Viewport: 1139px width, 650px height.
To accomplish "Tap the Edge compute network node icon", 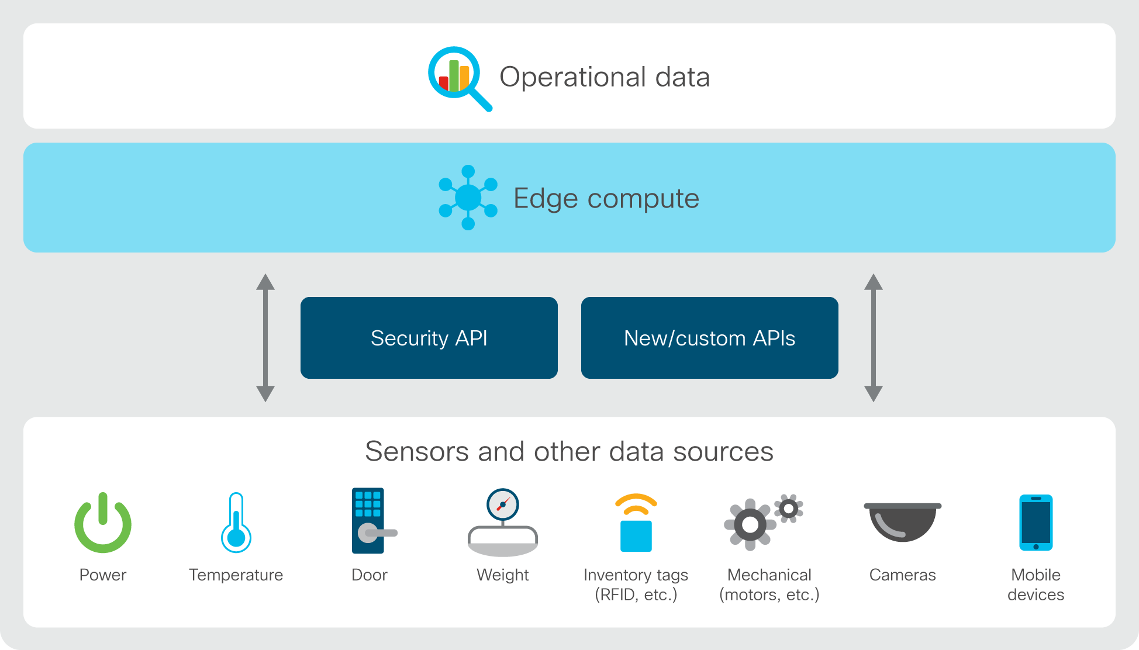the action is pos(468,198).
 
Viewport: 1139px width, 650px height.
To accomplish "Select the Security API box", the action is pos(429,338).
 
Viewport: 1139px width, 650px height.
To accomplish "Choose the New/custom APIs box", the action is pos(710,338).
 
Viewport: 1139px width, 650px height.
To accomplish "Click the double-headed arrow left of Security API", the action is pos(265,338).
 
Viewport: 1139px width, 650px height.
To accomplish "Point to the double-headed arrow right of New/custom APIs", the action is pos(874,338).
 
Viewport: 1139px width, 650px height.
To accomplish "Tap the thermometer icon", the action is pos(236,523).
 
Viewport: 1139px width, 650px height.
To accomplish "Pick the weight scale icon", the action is pos(503,523).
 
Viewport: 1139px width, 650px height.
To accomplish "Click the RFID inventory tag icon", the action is pos(636,523).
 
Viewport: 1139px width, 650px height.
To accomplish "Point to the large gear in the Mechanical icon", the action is pos(750,525).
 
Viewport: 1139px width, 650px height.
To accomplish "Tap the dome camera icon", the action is pos(903,522).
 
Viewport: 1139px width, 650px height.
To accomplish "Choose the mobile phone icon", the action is pos(1036,523).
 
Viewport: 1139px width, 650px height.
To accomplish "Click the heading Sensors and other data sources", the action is pos(569,451).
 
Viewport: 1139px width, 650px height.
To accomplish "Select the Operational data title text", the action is pos(605,77).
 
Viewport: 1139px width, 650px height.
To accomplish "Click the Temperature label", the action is pos(236,575).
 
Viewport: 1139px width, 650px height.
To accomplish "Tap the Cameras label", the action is pos(903,575).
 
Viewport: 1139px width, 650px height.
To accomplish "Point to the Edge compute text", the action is pos(606,199).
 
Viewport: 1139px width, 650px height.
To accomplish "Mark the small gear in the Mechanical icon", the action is pos(789,509).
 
